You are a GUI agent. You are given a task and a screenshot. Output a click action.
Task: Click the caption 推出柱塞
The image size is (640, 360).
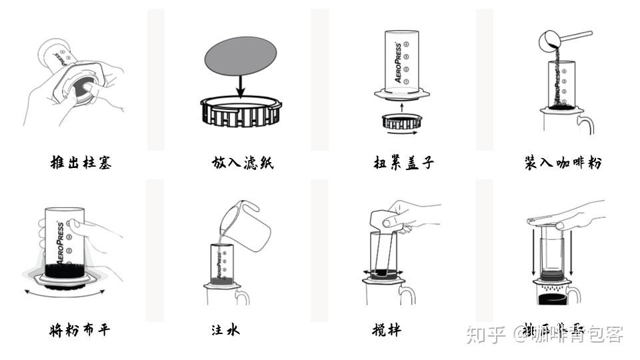[81, 162]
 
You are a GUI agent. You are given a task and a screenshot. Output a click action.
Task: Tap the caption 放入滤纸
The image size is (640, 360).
[243, 162]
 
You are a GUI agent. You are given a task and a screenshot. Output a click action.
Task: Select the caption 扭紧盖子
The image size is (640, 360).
[403, 162]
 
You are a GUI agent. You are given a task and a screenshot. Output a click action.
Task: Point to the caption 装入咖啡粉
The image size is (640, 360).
[563, 162]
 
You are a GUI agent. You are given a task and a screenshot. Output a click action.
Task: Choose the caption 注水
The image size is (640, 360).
[225, 329]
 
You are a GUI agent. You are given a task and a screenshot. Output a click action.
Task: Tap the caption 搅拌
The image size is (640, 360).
[387, 329]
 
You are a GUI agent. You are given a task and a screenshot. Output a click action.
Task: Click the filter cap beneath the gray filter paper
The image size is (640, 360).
[241, 111]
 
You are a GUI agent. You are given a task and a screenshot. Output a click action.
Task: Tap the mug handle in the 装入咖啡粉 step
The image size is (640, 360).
[586, 124]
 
